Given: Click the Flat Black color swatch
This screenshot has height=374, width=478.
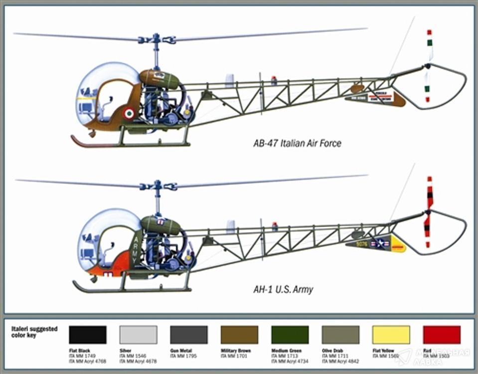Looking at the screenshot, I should (x=88, y=335).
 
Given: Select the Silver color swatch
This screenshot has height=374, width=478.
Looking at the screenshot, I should (x=139, y=335).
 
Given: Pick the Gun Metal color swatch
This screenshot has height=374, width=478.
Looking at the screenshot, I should (x=189, y=335).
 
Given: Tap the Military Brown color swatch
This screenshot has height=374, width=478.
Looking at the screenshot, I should (x=239, y=335).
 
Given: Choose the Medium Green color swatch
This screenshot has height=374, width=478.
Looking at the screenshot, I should (x=290, y=335).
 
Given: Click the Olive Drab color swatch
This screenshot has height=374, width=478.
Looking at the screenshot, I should (x=340, y=335).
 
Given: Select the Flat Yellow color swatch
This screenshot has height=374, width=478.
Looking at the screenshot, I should (x=391, y=335).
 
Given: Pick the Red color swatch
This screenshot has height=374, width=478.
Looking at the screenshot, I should (x=442, y=335).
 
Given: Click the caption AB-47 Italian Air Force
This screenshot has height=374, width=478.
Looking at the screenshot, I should (x=297, y=144).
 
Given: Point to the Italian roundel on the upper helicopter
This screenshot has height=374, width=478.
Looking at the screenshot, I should (x=129, y=114).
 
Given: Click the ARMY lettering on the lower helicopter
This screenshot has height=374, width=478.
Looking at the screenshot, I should (x=134, y=250).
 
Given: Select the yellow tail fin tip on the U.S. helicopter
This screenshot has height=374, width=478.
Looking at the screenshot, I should (x=398, y=244).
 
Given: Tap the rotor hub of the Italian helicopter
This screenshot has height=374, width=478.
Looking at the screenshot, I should (x=157, y=39).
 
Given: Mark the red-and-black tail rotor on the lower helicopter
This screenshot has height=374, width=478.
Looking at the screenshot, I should (x=428, y=212).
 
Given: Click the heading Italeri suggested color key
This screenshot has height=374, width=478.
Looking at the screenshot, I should (x=34, y=332).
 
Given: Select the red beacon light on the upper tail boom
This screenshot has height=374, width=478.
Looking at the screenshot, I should (x=274, y=80).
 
